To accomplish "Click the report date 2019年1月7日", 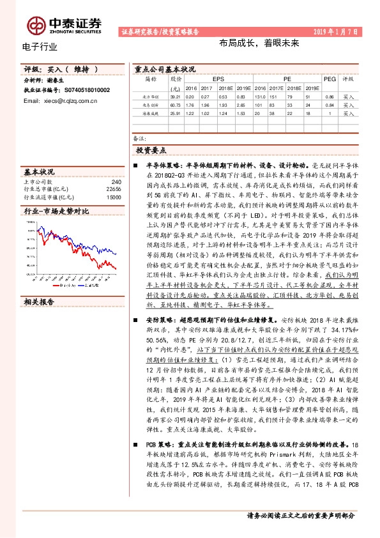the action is pos(346,31).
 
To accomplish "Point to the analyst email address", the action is pos(65,100).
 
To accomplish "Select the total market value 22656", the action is pos(113,189).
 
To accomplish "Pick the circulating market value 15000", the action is pos(113,197).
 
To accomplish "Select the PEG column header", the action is pos(329,79).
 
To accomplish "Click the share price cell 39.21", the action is pos(176,96).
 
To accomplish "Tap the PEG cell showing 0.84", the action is pos(329,104).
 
